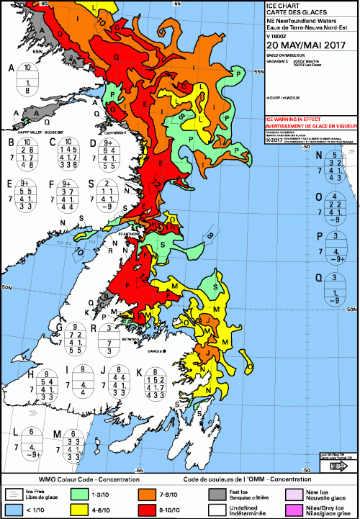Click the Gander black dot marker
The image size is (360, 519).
point(165,351)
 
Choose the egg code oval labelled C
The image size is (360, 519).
point(69,155)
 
